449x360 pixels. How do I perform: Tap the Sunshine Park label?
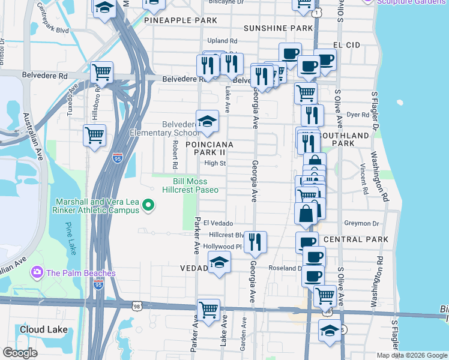tap(279, 28)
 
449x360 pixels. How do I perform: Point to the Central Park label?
tap(360, 239)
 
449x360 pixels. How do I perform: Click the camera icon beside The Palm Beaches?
tap(37, 273)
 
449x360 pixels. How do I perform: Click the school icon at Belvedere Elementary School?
tap(207, 121)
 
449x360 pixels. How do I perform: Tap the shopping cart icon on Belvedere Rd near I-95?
tap(102, 73)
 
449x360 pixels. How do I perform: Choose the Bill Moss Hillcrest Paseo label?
tap(190, 185)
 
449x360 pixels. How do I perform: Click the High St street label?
tap(214, 163)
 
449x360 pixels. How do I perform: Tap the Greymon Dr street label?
tap(362, 223)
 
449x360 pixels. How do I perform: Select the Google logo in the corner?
tap(20, 353)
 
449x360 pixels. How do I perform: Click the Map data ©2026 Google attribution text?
tap(411, 355)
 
